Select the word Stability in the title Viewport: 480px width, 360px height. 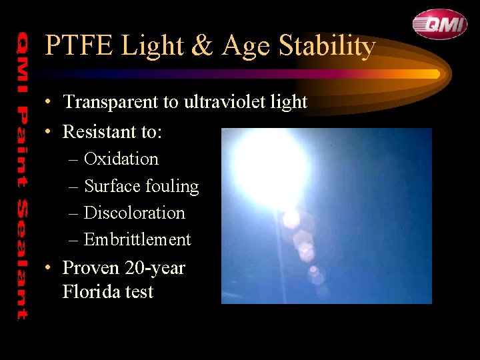(327, 46)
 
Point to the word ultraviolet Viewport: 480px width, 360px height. (213, 102)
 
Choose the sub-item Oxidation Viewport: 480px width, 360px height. (121, 159)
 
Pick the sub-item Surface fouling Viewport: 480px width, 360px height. (141, 187)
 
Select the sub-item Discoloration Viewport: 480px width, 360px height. (135, 213)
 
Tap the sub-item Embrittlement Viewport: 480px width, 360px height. (137, 240)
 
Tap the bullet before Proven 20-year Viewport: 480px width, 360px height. (49, 269)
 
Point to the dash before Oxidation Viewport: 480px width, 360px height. (73, 160)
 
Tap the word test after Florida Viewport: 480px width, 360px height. (137, 292)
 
